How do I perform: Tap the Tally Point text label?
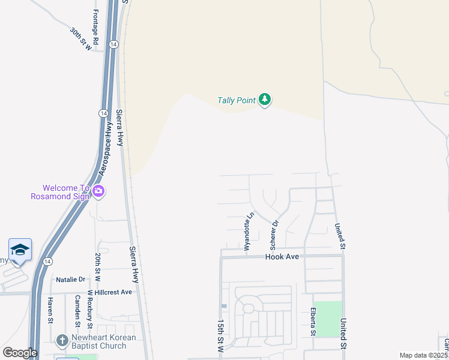point(236,100)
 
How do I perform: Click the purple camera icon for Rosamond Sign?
point(98,192)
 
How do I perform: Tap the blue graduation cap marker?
point(20,250)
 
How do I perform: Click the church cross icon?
point(61,341)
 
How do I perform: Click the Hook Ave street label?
point(282,256)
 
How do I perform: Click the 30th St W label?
point(81,38)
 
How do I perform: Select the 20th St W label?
point(97,268)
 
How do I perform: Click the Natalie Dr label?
point(70,280)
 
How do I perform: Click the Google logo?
point(20,353)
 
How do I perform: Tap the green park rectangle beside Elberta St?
point(328,319)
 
